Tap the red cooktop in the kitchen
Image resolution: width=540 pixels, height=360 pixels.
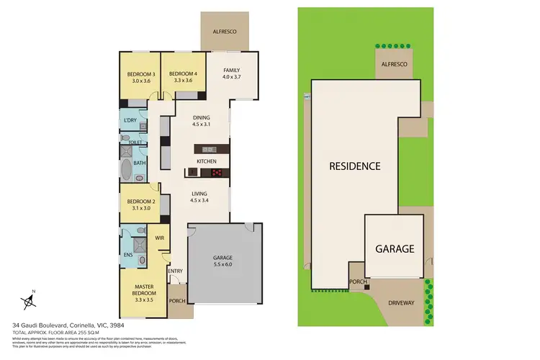(215, 173)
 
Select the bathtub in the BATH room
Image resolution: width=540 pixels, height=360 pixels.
(127, 172)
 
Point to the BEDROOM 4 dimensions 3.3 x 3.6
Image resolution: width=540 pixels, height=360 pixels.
(183, 81)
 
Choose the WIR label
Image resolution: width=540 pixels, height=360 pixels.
(160, 237)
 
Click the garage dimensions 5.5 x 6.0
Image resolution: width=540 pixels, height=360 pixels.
(222, 264)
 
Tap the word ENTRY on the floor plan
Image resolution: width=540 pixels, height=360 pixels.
(176, 271)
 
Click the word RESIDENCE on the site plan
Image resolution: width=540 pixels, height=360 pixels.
(354, 166)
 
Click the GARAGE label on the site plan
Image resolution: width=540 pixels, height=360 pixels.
(395, 249)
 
